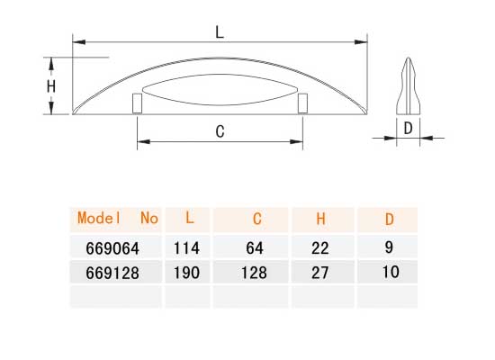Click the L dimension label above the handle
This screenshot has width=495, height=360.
220,32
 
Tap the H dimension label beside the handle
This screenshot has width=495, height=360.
51,86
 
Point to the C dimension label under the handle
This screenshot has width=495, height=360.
220,131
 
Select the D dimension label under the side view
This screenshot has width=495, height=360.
409,128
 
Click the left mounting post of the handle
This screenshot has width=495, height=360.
138,103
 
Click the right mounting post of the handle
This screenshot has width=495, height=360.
302,103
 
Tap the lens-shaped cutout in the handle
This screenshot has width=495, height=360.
220,90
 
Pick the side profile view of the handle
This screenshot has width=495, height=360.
409,85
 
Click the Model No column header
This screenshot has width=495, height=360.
118,218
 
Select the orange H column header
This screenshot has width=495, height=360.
320,219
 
